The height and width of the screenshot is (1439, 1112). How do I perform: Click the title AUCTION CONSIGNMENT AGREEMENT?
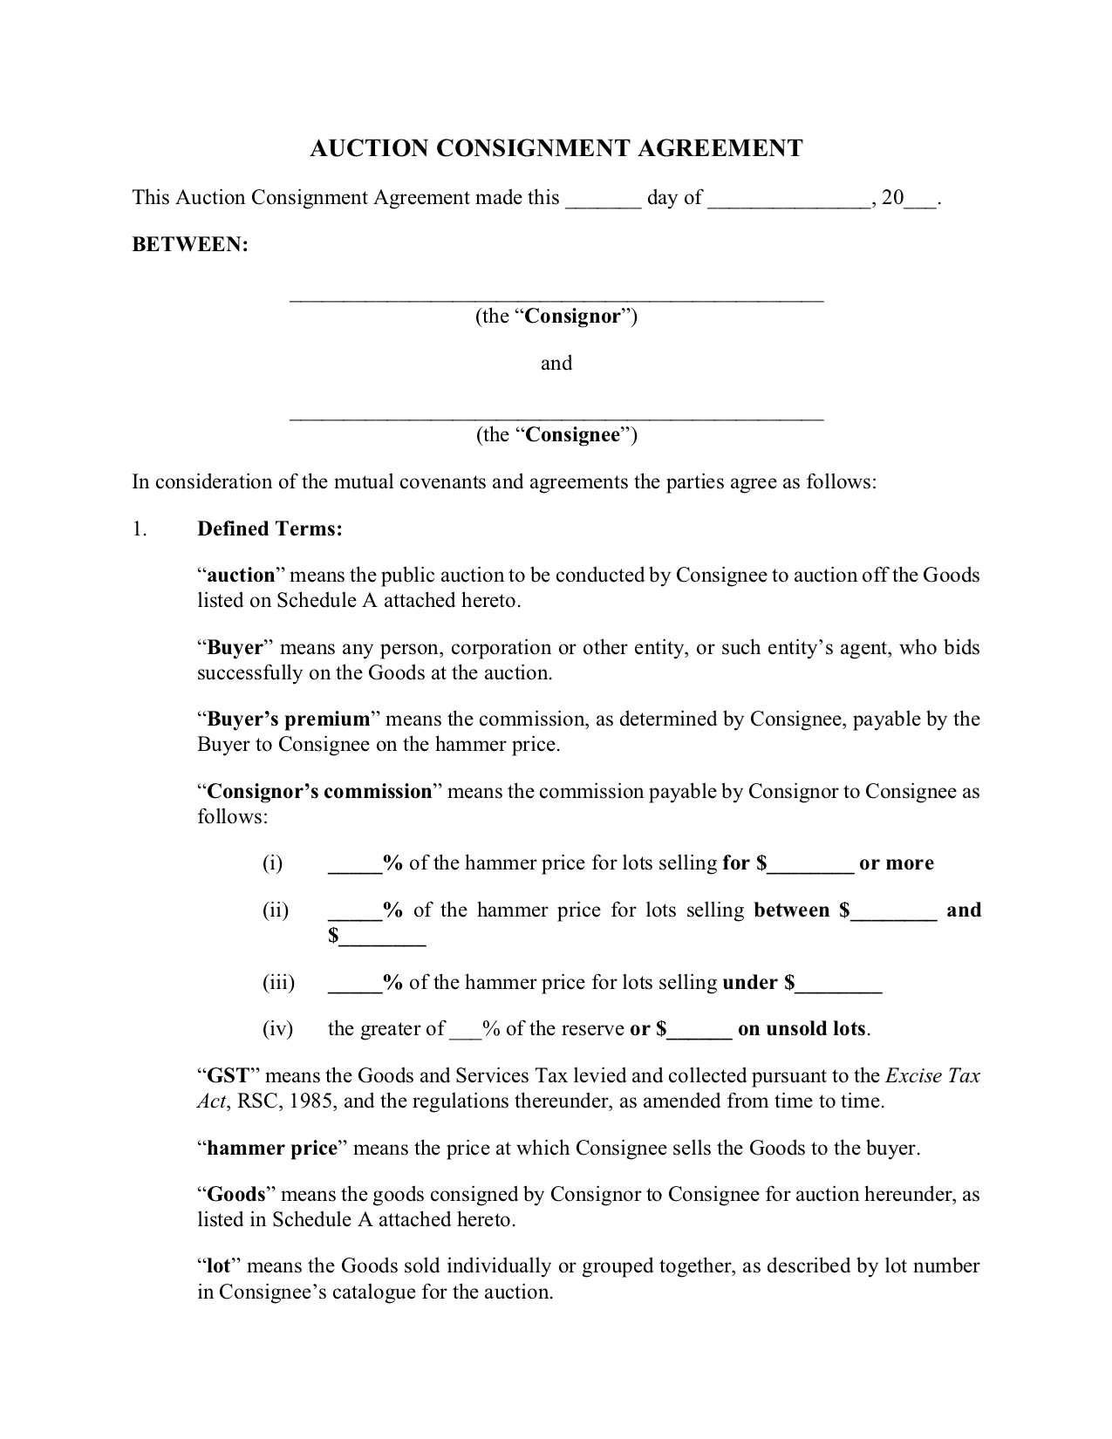[x=556, y=149]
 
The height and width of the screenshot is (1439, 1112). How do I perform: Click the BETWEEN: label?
[x=190, y=245]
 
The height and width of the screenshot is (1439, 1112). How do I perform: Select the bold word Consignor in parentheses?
[x=572, y=317]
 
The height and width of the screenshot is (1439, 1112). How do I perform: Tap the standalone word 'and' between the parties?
[x=556, y=364]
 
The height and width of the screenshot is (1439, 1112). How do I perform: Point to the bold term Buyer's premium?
[x=288, y=719]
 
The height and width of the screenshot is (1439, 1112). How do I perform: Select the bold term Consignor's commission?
[x=319, y=792]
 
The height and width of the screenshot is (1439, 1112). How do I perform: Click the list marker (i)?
[x=273, y=863]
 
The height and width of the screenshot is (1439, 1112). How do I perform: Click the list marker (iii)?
[x=278, y=983]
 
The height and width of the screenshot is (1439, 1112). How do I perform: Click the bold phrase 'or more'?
[x=896, y=863]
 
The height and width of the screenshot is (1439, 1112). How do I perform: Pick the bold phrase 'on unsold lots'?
[x=802, y=1029]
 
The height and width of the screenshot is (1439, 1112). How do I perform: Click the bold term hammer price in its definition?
[x=271, y=1149]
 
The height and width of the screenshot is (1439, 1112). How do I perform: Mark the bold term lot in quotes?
[x=218, y=1266]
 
